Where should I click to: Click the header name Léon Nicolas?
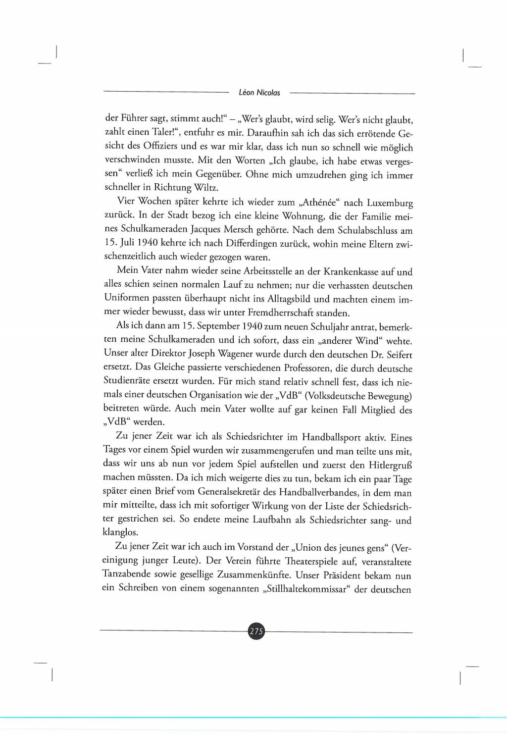[259, 93]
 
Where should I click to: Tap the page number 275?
[256, 631]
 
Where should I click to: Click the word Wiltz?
[206, 188]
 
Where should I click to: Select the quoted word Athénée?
[310, 203]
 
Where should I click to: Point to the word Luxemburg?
[390, 204]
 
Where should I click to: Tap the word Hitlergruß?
[390, 465]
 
